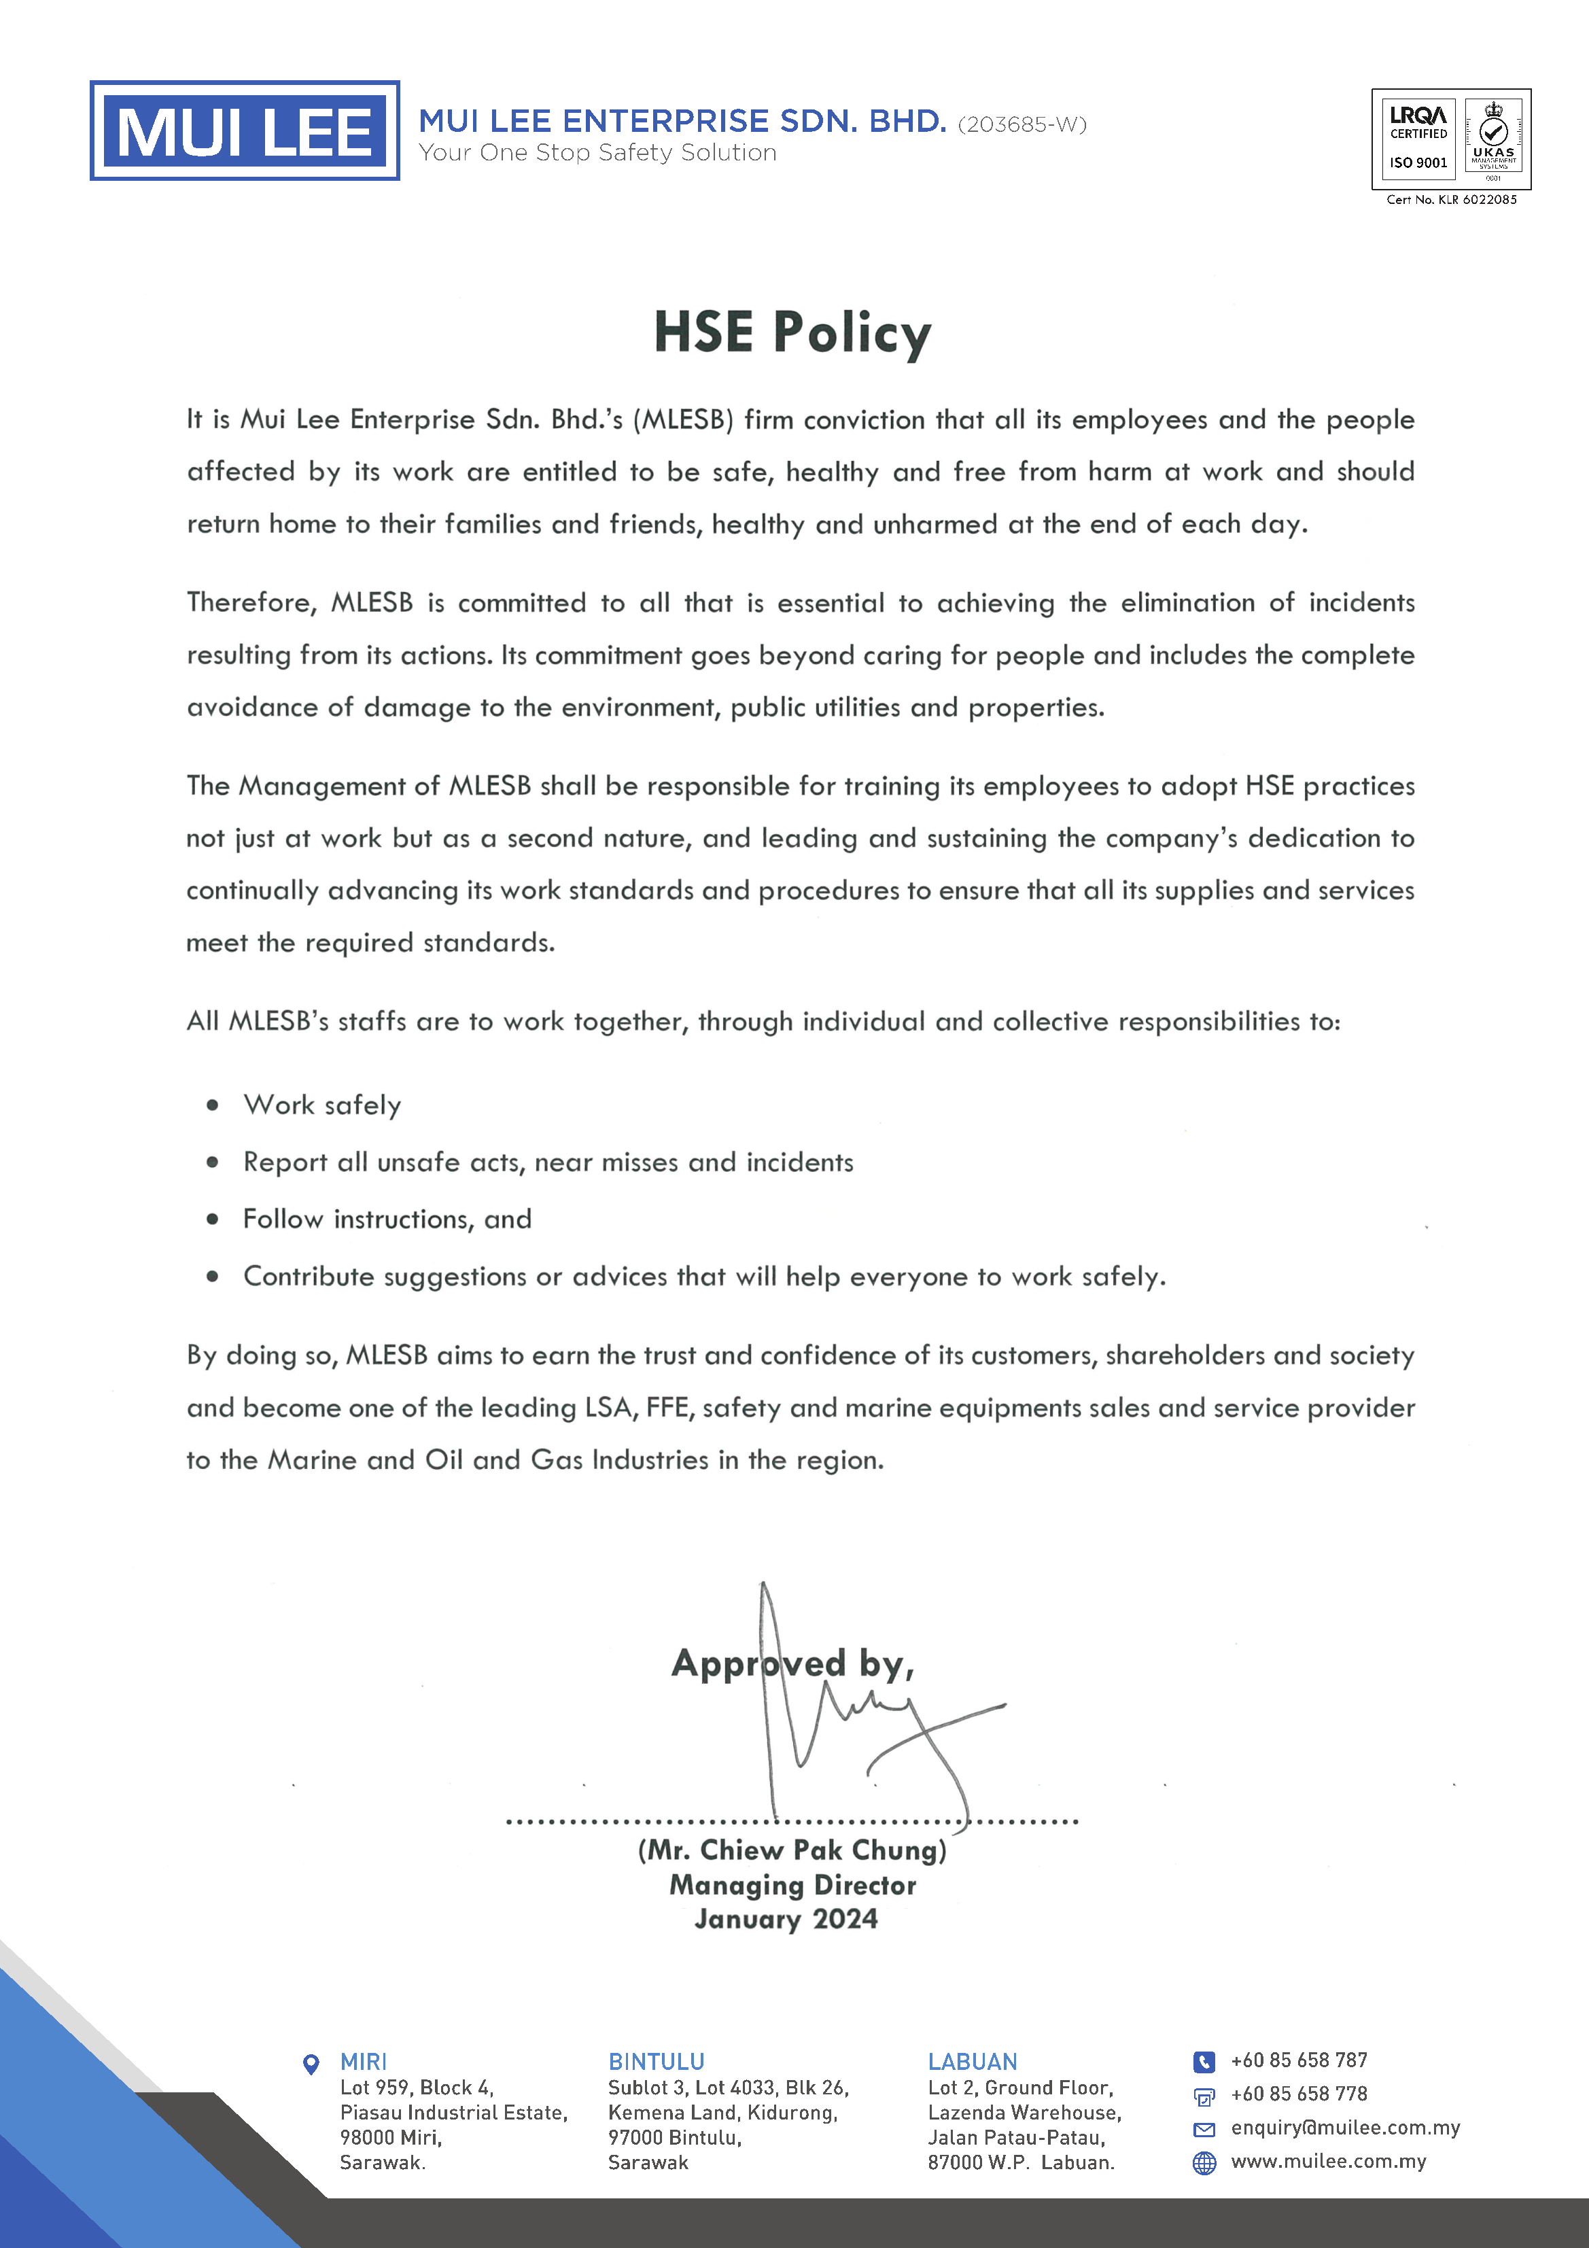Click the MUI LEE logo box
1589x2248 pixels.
coord(244,131)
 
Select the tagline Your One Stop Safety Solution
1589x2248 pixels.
coord(597,153)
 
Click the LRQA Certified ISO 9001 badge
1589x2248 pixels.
coord(1418,138)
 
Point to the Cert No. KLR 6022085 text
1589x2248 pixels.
coord(1451,200)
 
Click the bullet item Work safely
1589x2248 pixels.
coord(322,1105)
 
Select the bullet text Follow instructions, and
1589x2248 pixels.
coord(387,1219)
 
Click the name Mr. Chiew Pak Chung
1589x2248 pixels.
coord(792,1850)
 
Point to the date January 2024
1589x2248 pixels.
coord(786,1919)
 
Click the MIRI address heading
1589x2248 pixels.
coord(363,2062)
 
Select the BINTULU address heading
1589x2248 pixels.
coord(656,2062)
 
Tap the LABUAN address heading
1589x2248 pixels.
coord(972,2062)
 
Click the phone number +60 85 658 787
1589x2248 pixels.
coord(1298,2060)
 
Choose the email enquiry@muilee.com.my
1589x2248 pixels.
coord(1345,2128)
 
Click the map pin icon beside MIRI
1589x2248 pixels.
coord(311,2064)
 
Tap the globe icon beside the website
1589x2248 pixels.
coord(1204,2163)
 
